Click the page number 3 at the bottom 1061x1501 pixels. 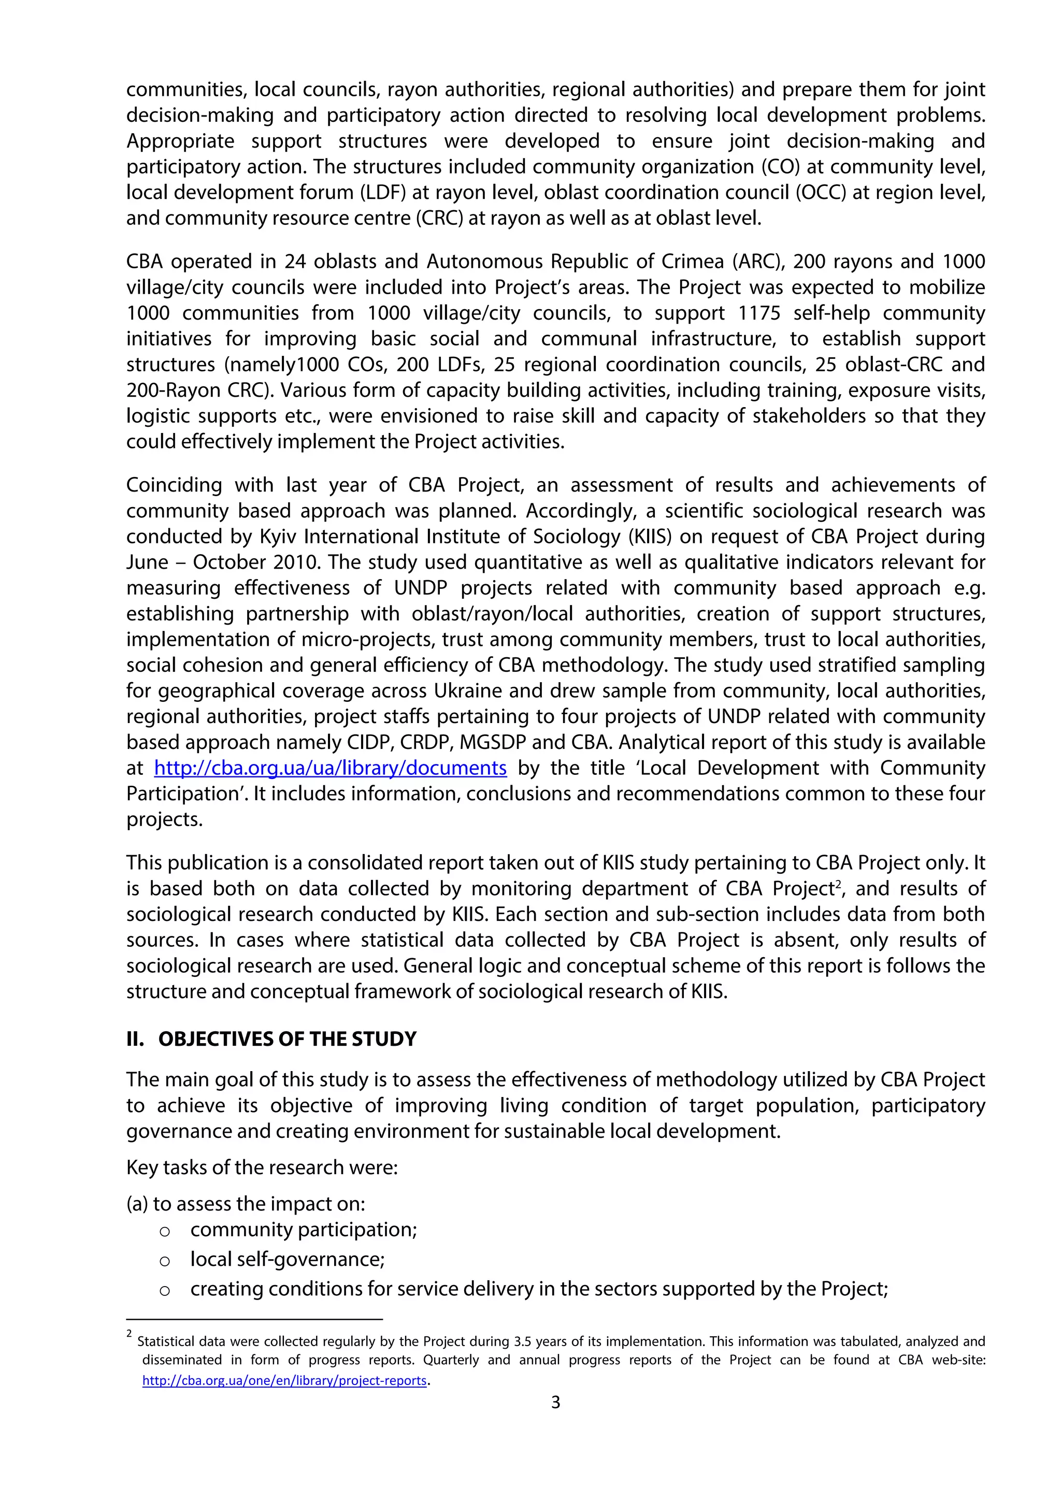[556, 1402]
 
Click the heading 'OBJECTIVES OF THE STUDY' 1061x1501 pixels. [287, 1040]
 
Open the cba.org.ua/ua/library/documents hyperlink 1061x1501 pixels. [330, 768]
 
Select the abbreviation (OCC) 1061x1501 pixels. [724, 192]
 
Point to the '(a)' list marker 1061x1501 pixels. [137, 1204]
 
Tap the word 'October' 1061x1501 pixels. [229, 562]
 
